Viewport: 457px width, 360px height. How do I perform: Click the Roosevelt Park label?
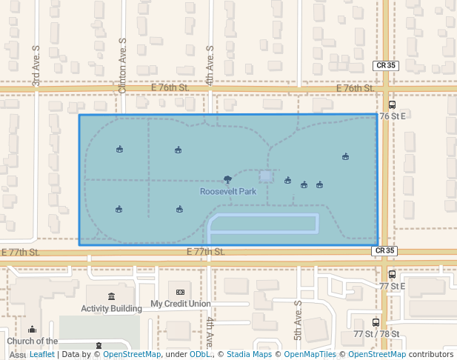[228, 191]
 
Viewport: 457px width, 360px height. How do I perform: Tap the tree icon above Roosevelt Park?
[227, 179]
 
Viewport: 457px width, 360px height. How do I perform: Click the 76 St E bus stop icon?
[392, 104]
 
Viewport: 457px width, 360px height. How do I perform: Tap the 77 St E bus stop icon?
[392, 274]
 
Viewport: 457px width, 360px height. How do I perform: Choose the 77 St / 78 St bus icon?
[376, 322]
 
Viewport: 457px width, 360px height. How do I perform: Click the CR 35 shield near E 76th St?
[385, 65]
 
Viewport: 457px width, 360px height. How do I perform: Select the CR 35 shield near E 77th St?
[385, 251]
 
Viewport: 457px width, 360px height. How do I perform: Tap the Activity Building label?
[111, 308]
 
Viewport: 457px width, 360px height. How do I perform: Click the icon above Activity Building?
[111, 297]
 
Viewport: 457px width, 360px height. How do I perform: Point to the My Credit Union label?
[180, 304]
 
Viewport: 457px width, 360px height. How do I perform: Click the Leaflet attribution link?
[41, 354]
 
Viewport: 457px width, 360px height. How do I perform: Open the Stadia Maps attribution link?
[249, 354]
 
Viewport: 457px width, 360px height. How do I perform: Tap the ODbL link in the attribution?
[200, 354]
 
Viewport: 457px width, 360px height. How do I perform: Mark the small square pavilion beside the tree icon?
[266, 176]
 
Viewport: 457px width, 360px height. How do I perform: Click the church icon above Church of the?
[32, 330]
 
